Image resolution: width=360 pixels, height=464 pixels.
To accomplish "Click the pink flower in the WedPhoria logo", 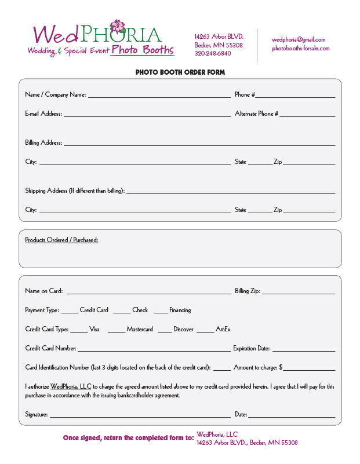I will tap(118, 27).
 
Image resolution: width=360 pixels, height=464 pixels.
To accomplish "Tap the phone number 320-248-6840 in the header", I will tap(213, 53).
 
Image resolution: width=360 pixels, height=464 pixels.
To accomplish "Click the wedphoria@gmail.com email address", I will tap(299, 39).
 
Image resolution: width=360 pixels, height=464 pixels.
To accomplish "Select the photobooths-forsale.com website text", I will tap(301, 48).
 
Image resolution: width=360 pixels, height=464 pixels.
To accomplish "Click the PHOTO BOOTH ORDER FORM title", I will tap(180, 72).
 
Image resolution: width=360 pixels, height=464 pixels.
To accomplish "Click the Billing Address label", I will tap(43, 143).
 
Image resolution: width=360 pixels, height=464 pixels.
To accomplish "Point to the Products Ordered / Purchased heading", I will tap(61, 240).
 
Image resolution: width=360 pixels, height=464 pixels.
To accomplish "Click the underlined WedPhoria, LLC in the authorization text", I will tap(71, 386).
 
